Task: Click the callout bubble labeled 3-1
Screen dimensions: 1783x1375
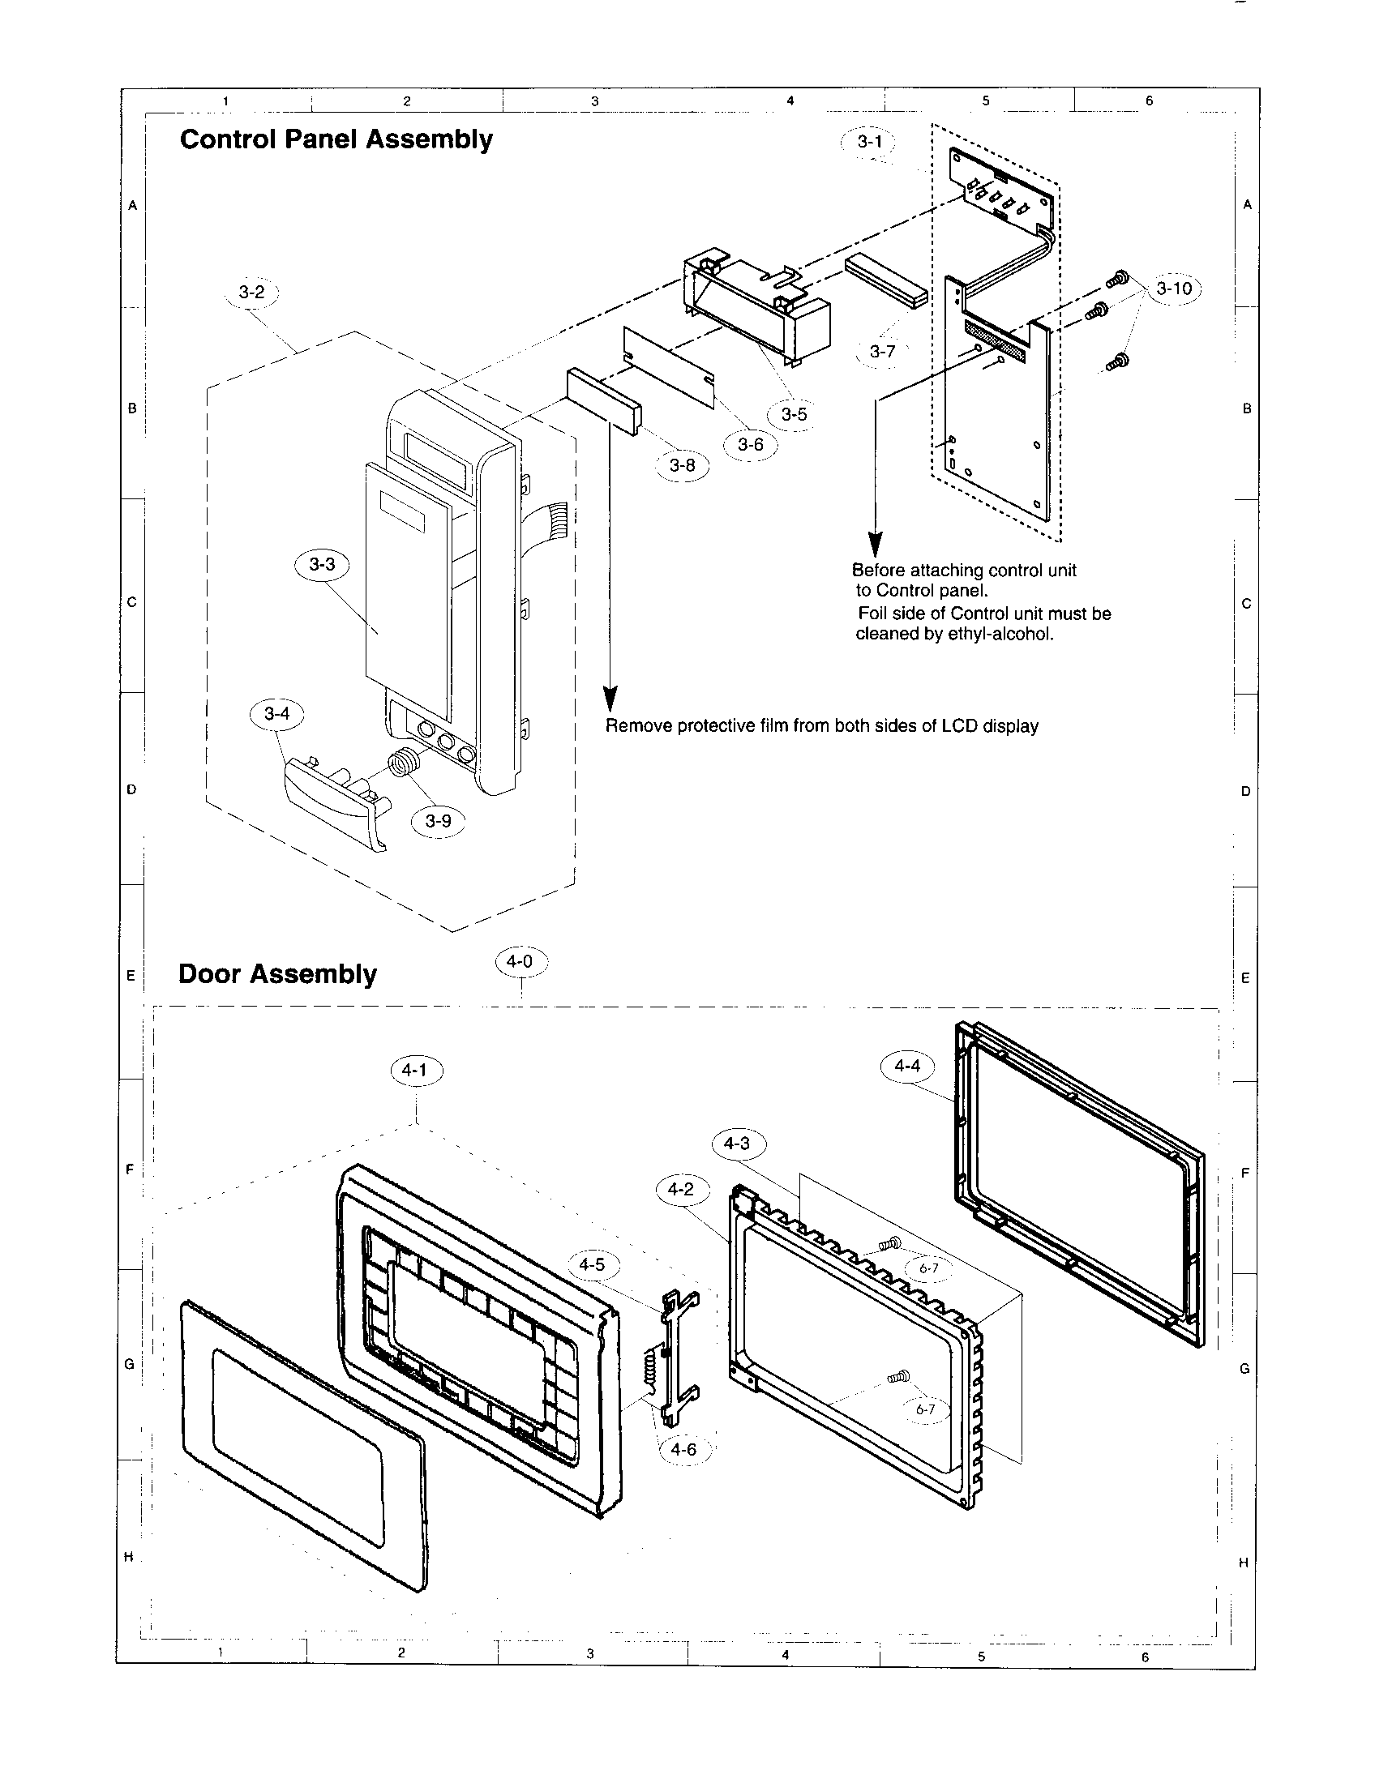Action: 869,141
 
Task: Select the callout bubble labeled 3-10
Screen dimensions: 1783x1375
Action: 1174,289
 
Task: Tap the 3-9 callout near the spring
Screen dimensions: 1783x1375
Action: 439,820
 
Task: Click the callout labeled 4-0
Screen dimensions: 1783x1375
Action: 520,962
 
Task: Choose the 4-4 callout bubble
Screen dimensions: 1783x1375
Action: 907,1066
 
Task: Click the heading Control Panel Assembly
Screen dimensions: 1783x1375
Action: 336,139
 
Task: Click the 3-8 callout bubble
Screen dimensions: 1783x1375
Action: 683,465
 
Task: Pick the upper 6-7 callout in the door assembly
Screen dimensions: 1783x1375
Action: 928,1268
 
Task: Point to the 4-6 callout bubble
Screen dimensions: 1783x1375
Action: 683,1449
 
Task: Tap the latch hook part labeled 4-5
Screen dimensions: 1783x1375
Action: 679,1355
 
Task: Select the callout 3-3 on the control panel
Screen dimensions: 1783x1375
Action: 322,564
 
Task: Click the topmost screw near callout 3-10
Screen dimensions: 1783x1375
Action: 1118,280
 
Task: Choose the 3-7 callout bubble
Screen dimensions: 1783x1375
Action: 882,352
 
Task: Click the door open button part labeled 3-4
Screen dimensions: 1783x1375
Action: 335,800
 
